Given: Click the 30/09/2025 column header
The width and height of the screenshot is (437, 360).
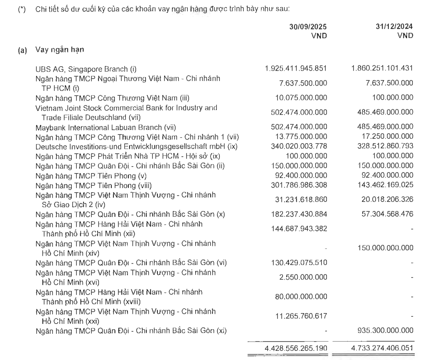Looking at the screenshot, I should pyautogui.click(x=308, y=27).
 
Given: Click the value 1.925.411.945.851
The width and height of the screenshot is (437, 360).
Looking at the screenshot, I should pyautogui.click(x=295, y=68).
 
